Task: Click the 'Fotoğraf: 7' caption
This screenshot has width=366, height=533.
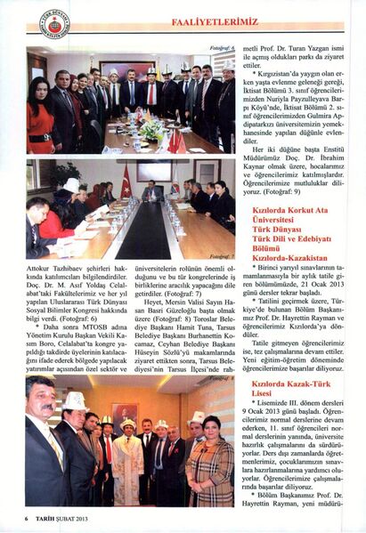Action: coord(220,254)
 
